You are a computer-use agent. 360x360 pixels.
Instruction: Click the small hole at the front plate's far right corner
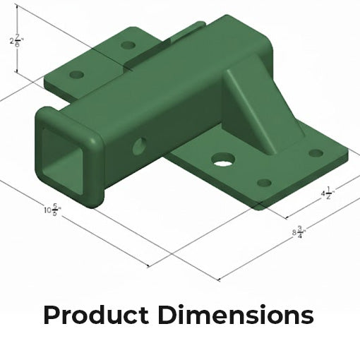pos(316,152)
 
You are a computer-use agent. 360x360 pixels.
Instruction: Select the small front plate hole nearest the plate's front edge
pos(263,183)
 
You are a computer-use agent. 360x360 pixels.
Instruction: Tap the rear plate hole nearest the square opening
pos(77,74)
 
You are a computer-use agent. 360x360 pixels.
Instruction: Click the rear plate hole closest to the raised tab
pos(128,45)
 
